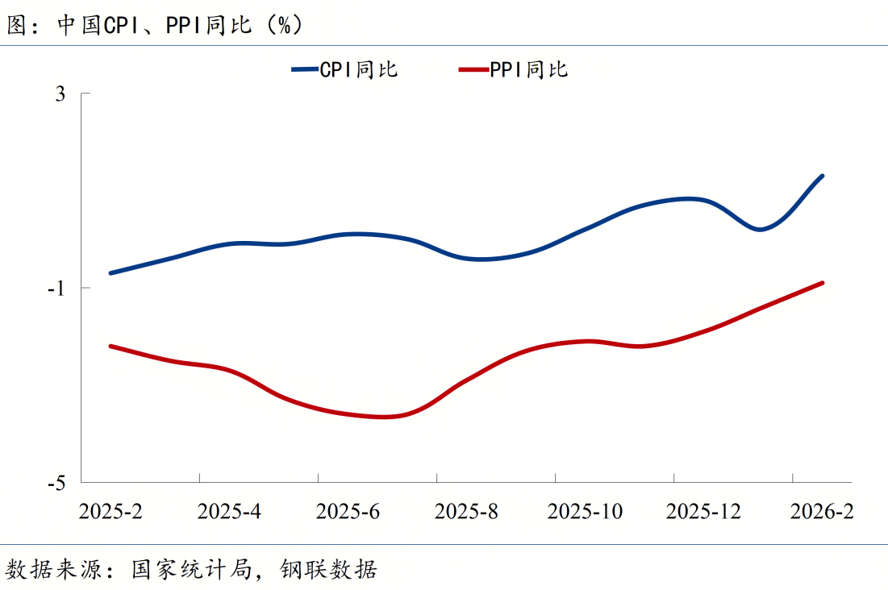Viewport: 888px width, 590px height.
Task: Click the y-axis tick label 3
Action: coord(61,94)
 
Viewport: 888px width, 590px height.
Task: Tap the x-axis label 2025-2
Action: coord(110,512)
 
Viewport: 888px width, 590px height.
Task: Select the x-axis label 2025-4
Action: coord(229,512)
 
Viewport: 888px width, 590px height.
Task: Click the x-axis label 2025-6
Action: coord(348,512)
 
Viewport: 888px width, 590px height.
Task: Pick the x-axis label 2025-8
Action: coord(466,512)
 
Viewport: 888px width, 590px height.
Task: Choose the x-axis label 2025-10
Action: coord(585,512)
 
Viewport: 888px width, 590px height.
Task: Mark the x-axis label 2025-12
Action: coord(703,512)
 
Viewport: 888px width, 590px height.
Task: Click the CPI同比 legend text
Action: coord(359,70)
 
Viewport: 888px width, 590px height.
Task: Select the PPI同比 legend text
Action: coord(529,70)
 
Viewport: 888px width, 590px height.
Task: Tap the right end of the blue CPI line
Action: coord(822,176)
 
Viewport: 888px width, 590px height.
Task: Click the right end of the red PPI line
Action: coord(822,283)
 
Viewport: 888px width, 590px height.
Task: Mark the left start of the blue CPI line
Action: coord(110,273)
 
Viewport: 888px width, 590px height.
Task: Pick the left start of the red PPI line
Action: coord(110,346)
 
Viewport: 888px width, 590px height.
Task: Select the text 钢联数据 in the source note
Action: coord(329,570)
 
